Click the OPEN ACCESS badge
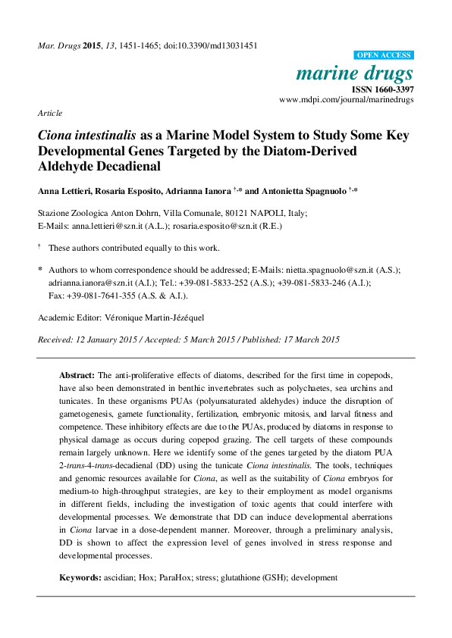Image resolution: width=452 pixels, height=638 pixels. click(x=384, y=55)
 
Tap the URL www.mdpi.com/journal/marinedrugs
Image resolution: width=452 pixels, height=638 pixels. click(x=346, y=99)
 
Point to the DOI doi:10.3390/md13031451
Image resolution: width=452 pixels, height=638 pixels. click(x=209, y=45)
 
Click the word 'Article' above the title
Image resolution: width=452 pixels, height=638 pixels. click(x=50, y=113)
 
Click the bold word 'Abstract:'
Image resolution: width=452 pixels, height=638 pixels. click(x=77, y=375)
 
